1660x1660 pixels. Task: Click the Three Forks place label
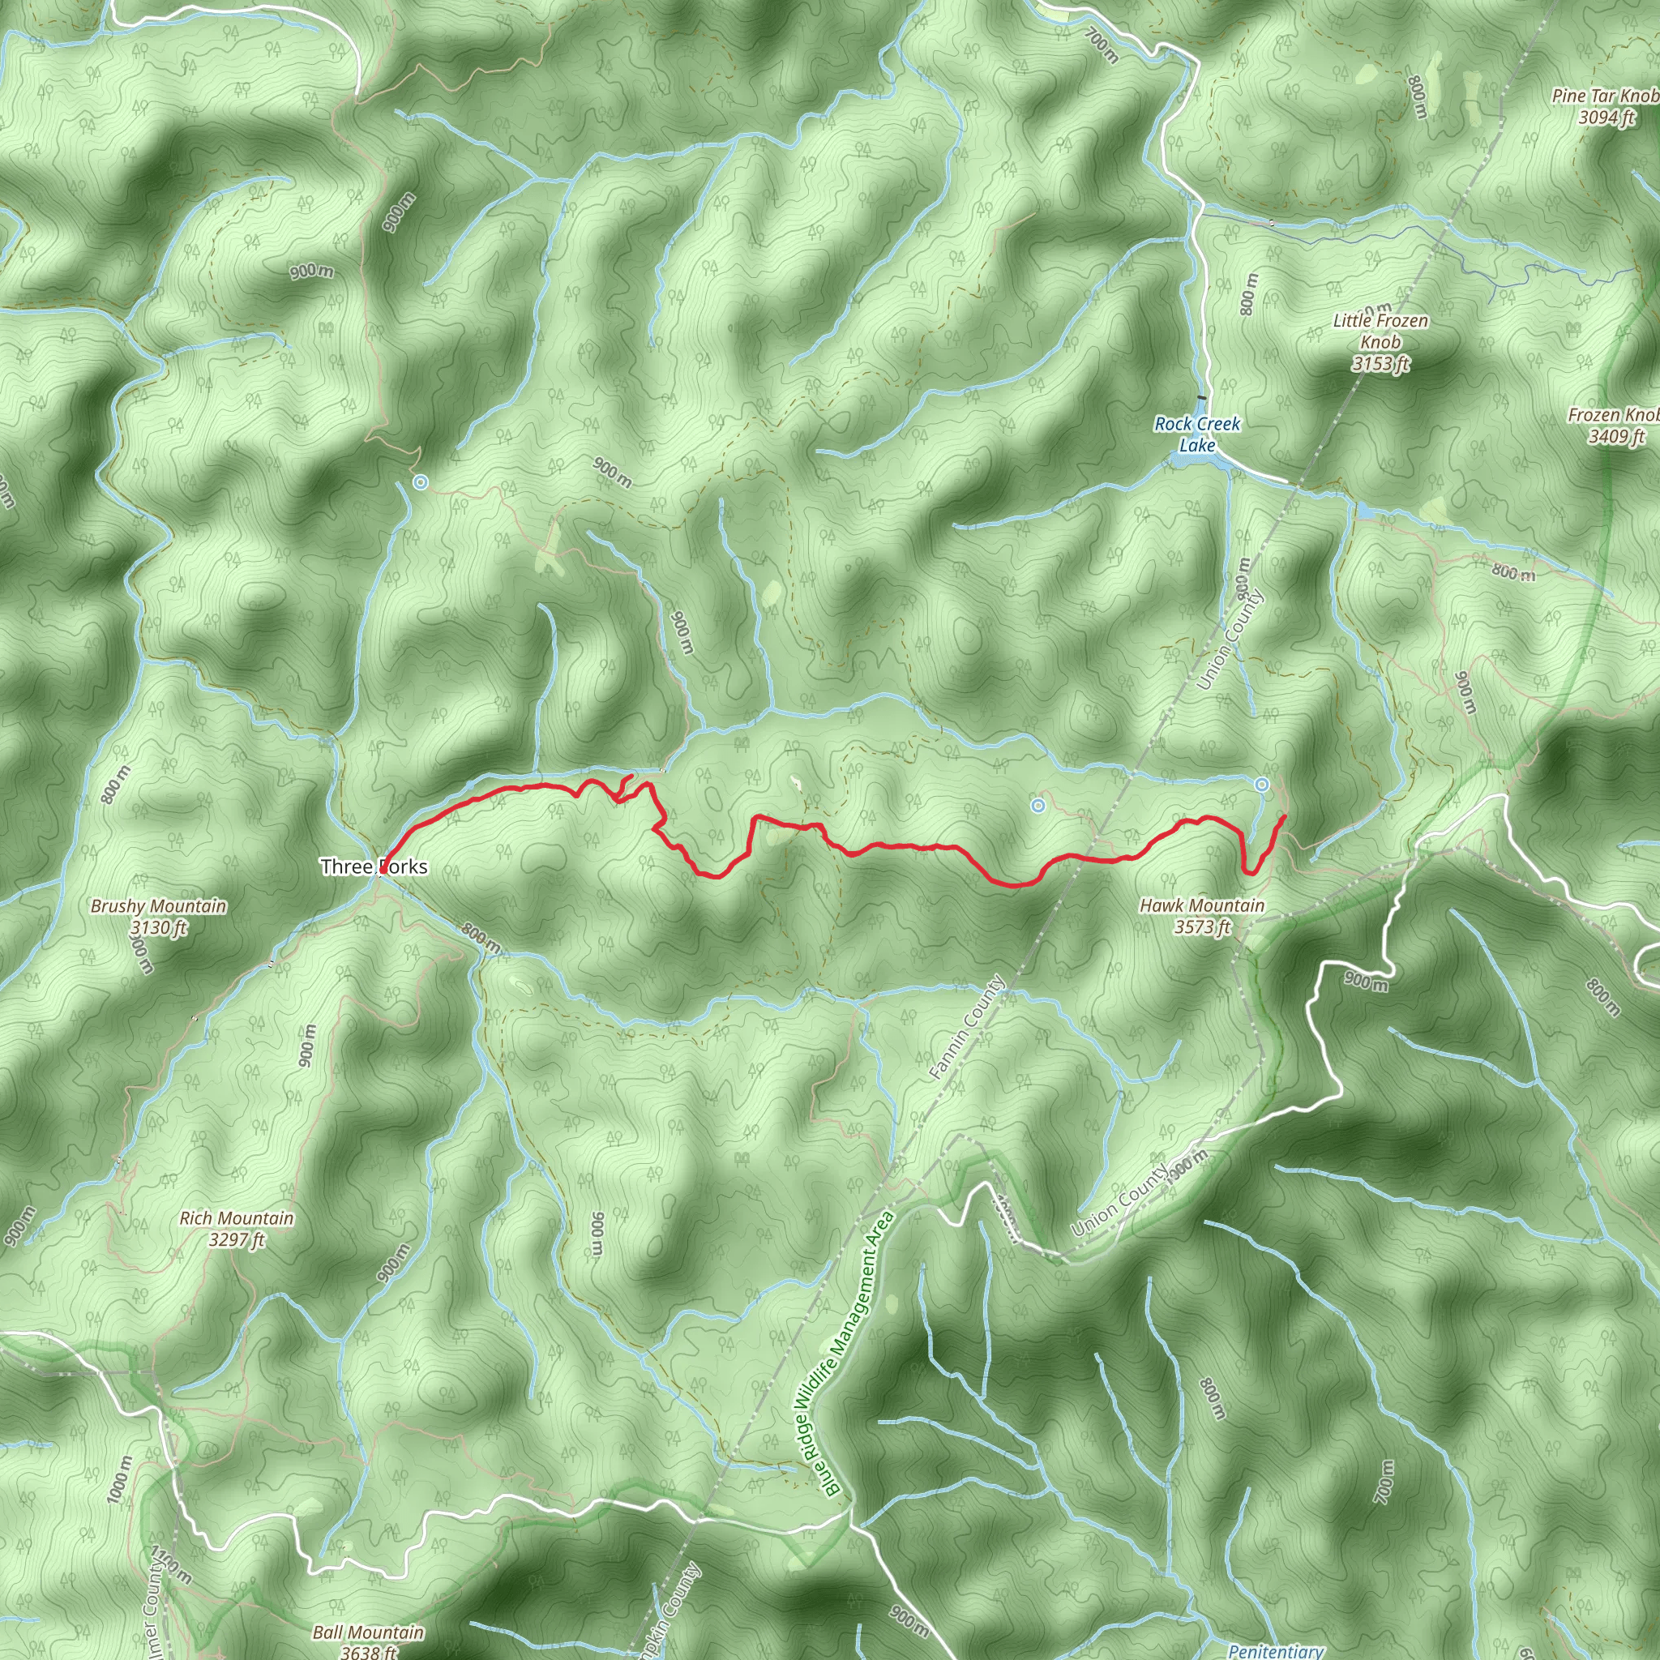[374, 866]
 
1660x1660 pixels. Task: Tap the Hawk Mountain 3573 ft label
[1201, 915]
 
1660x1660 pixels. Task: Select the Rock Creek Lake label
[1197, 434]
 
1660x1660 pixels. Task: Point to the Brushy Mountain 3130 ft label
[159, 916]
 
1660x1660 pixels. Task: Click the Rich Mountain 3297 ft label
[237, 1229]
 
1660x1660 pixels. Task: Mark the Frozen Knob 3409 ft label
[1613, 426]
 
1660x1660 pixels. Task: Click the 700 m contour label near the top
[1101, 45]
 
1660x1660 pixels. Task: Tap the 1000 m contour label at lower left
[119, 1479]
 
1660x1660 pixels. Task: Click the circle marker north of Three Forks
[420, 482]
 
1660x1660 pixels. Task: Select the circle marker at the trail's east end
[1261, 784]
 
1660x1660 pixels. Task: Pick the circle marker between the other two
[1038, 805]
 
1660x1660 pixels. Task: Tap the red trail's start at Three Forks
[383, 871]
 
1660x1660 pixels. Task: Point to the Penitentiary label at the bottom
[1275, 1650]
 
